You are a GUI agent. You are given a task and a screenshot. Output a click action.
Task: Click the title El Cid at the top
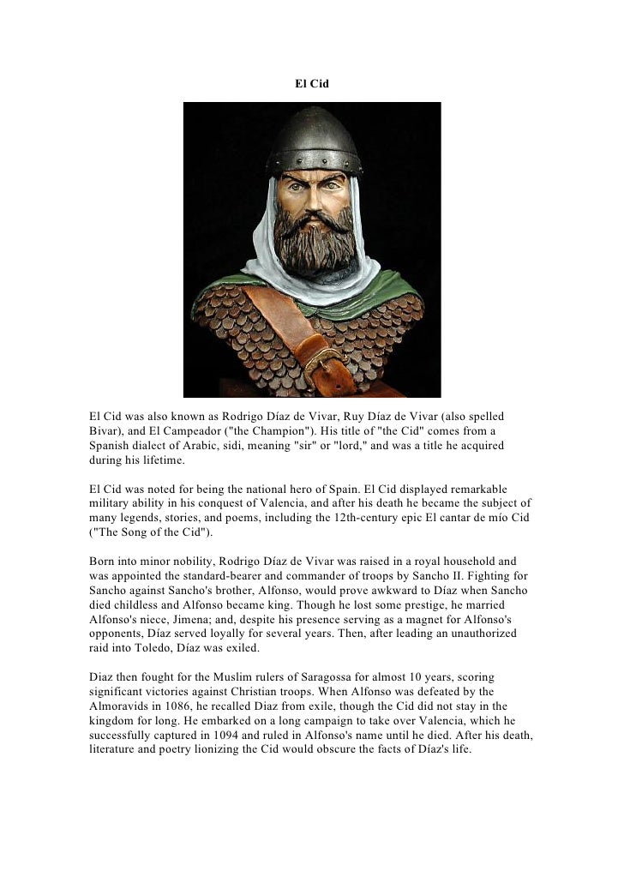tap(312, 85)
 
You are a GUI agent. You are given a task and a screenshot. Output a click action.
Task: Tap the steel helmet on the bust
tap(313, 138)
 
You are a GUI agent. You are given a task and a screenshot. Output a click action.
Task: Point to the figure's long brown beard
tap(313, 240)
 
